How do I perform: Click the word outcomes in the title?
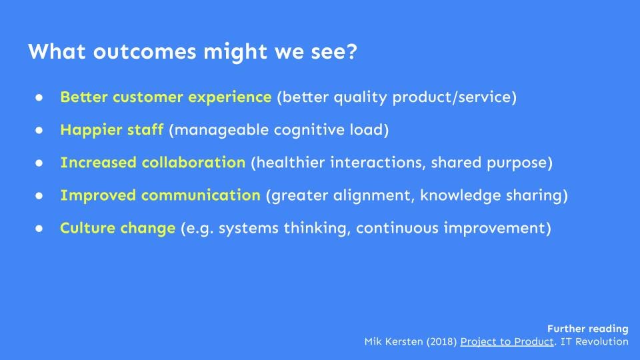(145, 52)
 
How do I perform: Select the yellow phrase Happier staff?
(112, 130)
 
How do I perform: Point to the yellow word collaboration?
(193, 163)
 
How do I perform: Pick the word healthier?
(291, 163)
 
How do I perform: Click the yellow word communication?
(201, 195)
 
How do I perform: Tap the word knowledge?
(461, 195)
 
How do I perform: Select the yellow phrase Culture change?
(117, 228)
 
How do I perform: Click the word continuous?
(397, 228)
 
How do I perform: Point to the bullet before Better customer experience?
(39, 97)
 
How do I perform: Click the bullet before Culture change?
(39, 229)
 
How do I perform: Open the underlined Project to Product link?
(507, 341)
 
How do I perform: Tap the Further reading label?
(588, 329)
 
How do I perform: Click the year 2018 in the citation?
(441, 341)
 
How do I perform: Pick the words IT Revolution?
(594, 341)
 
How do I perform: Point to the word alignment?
(374, 195)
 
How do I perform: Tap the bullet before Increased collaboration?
(39, 163)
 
